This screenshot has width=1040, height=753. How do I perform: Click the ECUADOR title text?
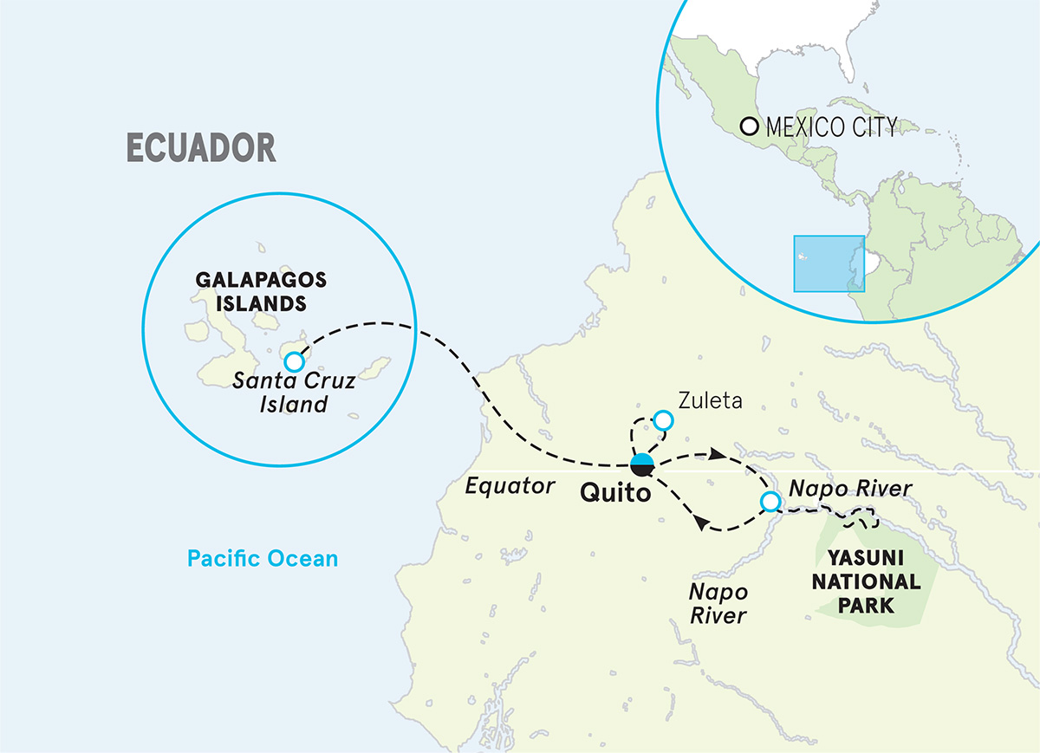click(x=201, y=148)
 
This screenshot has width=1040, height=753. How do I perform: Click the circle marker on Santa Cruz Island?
click(x=294, y=360)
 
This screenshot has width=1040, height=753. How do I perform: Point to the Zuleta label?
click(x=712, y=400)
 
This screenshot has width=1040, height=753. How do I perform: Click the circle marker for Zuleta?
click(x=663, y=420)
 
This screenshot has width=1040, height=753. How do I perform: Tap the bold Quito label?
click(x=616, y=494)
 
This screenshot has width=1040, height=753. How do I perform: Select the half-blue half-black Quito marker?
click(x=642, y=465)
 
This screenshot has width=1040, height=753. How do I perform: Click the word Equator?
click(x=510, y=486)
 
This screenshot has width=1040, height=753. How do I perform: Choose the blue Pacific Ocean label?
click(x=262, y=559)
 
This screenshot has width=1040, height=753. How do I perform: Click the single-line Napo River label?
click(x=848, y=490)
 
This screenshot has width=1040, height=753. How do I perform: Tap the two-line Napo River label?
click(x=718, y=603)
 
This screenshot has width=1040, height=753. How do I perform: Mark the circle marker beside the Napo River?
click(x=769, y=502)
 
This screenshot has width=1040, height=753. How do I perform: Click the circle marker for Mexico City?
click(x=750, y=127)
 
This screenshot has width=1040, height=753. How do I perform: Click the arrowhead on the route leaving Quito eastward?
click(x=717, y=454)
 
